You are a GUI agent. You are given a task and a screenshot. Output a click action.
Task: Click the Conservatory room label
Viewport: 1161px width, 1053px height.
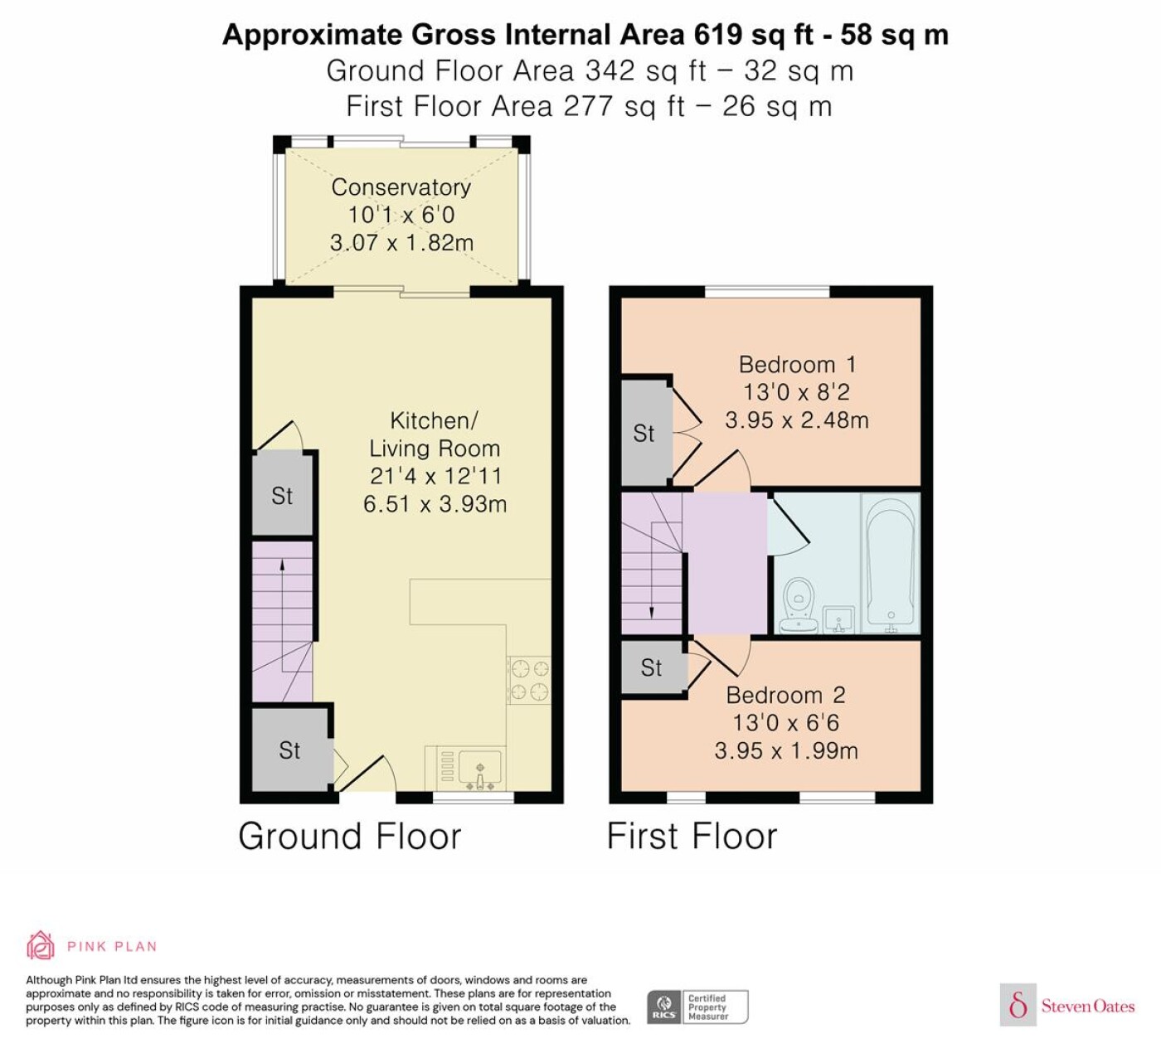[401, 187]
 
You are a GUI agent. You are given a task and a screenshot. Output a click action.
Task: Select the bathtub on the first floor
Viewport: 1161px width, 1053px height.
[890, 563]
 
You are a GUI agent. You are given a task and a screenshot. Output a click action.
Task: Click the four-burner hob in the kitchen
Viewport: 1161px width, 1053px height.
[528, 680]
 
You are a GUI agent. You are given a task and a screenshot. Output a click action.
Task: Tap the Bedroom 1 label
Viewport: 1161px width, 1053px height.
[797, 365]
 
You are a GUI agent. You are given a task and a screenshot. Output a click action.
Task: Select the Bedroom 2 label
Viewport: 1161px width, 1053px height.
[785, 696]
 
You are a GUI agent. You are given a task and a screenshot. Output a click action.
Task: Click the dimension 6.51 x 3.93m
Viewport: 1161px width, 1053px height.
[435, 504]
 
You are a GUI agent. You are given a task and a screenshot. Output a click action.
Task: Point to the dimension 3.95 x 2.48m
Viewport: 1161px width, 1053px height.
[797, 420]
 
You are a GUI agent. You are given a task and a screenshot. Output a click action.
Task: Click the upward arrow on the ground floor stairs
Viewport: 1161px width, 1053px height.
[282, 600]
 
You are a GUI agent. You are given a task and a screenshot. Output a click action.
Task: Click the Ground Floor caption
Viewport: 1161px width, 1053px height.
[350, 837]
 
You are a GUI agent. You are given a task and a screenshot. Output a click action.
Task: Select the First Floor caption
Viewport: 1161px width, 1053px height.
[692, 837]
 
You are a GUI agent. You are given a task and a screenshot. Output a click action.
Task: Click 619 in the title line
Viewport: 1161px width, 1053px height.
[718, 35]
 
